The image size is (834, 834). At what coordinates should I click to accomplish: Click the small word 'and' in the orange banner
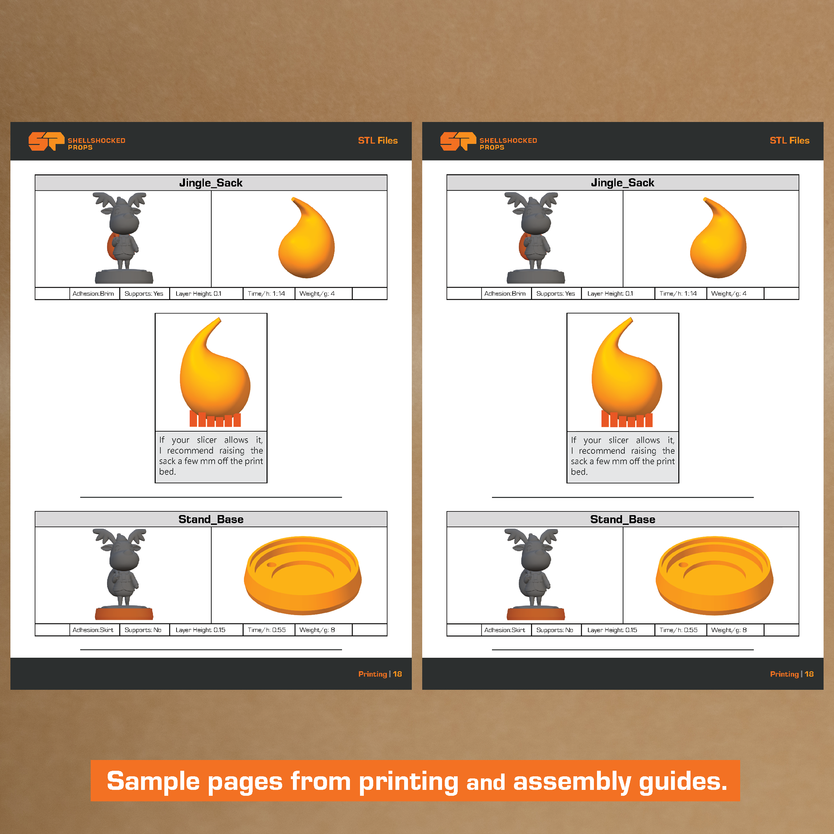click(486, 783)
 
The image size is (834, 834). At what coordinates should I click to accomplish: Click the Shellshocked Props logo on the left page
click(77, 141)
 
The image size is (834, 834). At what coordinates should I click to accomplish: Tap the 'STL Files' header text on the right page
click(790, 140)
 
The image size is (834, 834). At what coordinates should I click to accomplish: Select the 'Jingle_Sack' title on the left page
click(211, 182)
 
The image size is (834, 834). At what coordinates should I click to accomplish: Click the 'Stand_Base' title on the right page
click(622, 519)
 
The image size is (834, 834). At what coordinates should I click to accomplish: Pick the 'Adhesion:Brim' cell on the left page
click(93, 294)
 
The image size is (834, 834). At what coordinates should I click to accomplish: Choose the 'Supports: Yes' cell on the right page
click(556, 294)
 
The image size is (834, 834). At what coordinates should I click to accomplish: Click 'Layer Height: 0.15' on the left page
click(200, 630)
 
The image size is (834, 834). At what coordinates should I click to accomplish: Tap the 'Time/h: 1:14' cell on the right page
click(678, 294)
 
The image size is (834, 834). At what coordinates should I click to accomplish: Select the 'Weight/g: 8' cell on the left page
click(317, 630)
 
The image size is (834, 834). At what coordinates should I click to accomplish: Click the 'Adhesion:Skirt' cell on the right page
click(505, 630)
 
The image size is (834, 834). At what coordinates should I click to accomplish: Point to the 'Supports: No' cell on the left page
click(143, 630)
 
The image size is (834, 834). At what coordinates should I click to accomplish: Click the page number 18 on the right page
click(809, 674)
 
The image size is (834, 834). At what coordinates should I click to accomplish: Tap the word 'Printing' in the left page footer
click(373, 674)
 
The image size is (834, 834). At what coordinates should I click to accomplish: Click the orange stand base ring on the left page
click(303, 596)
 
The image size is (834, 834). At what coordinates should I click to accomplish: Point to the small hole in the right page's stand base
click(683, 565)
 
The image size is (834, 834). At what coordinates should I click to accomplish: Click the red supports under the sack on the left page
click(215, 419)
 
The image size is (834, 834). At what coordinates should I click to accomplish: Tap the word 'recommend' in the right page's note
click(602, 451)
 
